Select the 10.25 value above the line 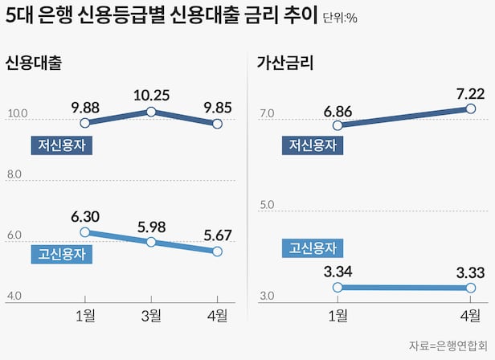tap(151, 95)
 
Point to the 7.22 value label tap(471, 94)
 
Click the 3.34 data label tap(337, 272)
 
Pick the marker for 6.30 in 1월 tap(86, 232)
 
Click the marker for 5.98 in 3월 tap(151, 242)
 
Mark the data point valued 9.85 tap(217, 124)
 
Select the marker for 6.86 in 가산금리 tap(337, 125)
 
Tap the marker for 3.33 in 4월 tap(471, 288)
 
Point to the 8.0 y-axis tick tap(16, 174)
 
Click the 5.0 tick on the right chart tap(268, 207)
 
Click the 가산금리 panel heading tap(284, 63)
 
